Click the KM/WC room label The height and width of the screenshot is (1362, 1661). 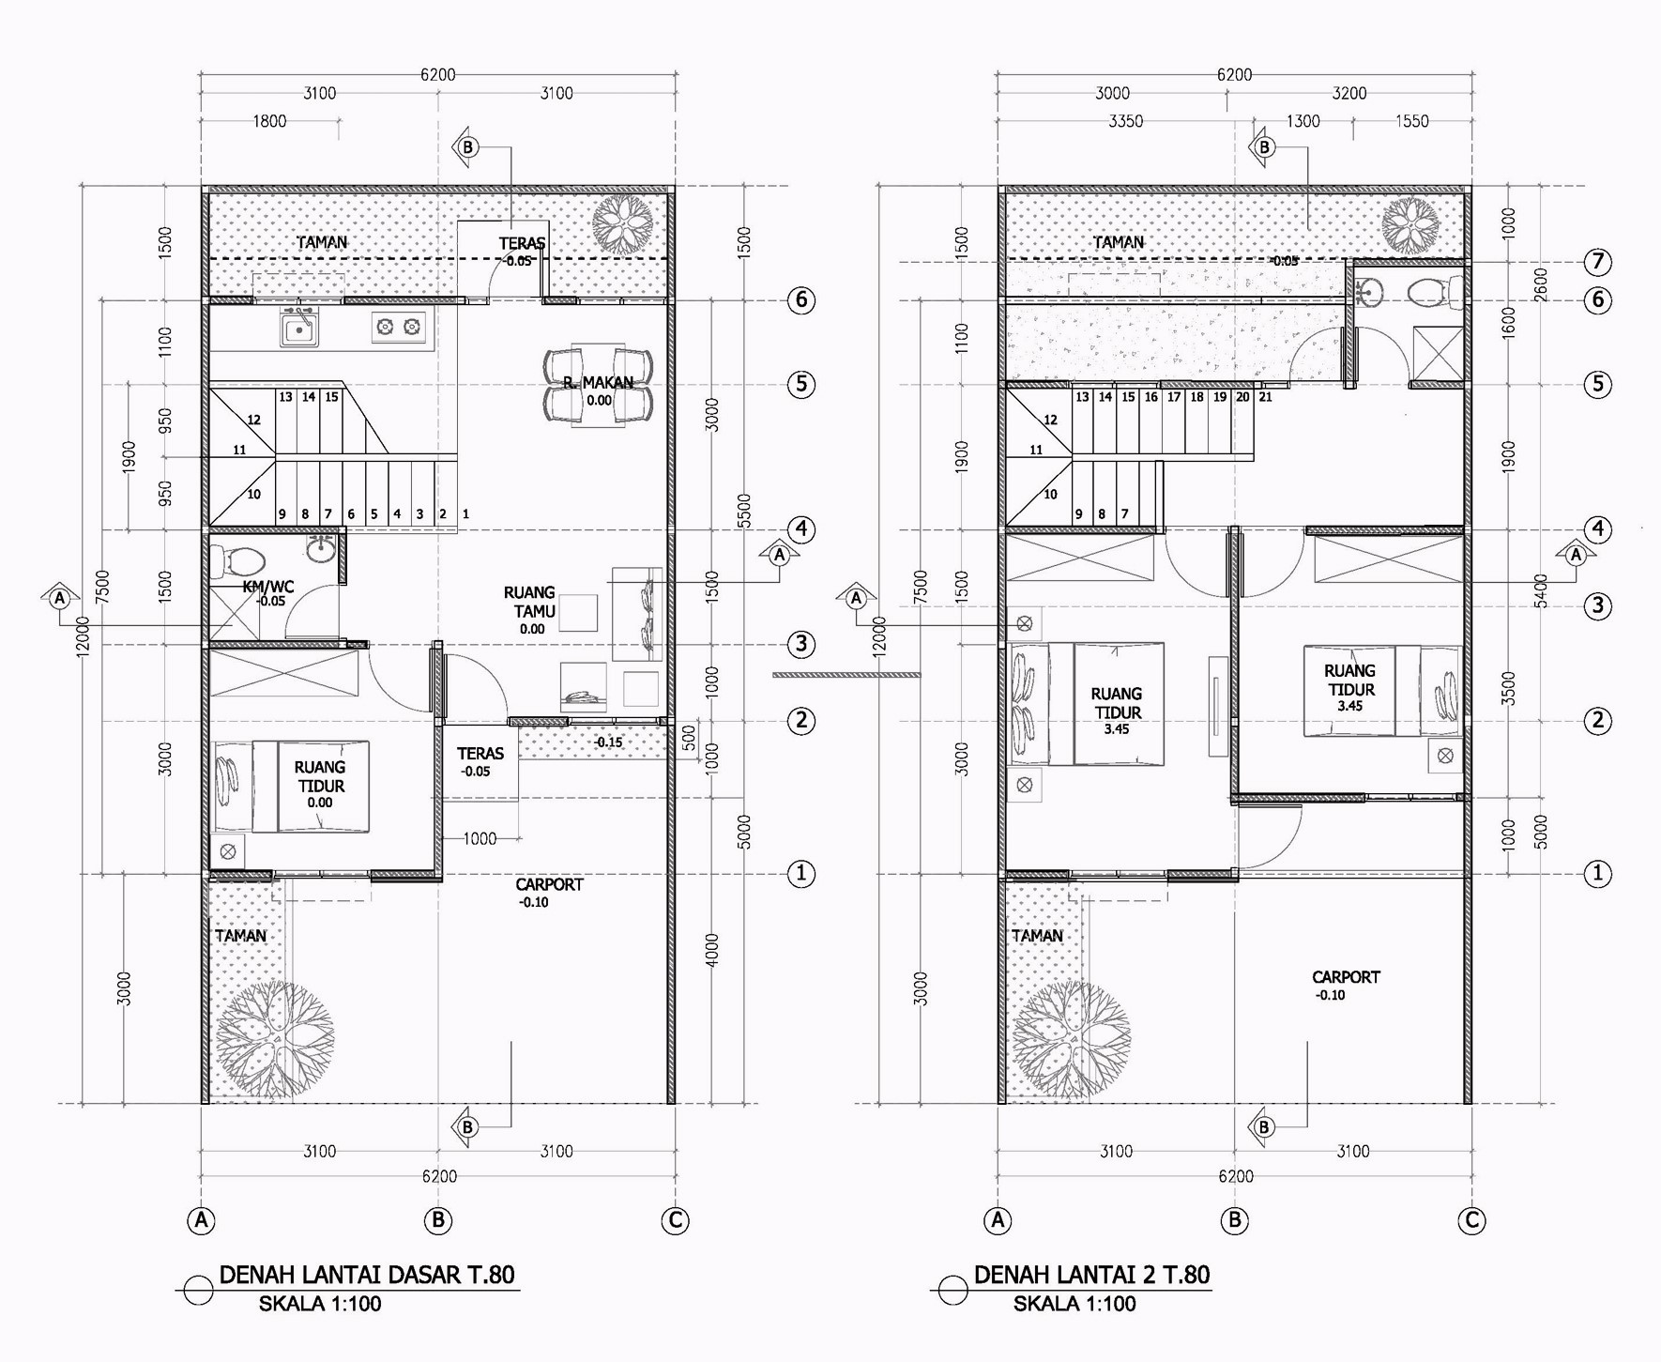coord(268,587)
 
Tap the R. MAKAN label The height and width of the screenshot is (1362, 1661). coord(599,383)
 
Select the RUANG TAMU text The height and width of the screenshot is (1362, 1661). coord(530,602)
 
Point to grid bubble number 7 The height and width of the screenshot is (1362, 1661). coord(1597,262)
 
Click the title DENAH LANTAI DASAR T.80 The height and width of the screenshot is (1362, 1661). coord(367,1275)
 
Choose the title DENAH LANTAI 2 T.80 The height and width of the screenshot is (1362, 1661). coord(1092,1275)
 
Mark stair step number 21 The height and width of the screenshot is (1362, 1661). coord(1266,397)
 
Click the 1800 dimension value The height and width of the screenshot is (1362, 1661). coord(269,121)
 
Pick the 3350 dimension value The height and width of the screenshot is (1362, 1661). coord(1126,121)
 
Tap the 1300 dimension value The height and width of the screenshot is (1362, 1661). coord(1303,121)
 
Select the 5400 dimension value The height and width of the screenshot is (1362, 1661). coord(1541,591)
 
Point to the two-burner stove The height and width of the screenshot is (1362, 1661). coord(398,327)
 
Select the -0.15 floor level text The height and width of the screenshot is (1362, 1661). coord(608,742)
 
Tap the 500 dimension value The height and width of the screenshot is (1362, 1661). coord(690,738)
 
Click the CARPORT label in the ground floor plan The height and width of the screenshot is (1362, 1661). coord(549,884)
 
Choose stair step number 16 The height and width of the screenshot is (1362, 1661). coord(1151,397)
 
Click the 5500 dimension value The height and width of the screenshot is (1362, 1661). coord(745,513)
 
